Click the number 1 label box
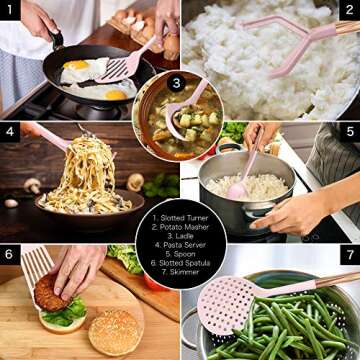click(x=10, y=10)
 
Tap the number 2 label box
click(x=350, y=10)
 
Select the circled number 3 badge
click(x=176, y=82)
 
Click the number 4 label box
click(x=10, y=132)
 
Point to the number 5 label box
click(x=350, y=132)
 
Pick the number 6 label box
click(x=10, y=254)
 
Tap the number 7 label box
click(x=350, y=254)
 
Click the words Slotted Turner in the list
click(x=180, y=218)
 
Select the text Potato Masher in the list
click(x=180, y=227)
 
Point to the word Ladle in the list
click(x=180, y=236)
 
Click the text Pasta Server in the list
click(x=180, y=245)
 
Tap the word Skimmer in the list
click(x=180, y=272)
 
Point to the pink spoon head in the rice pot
click(x=237, y=191)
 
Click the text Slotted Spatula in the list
click(x=180, y=263)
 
